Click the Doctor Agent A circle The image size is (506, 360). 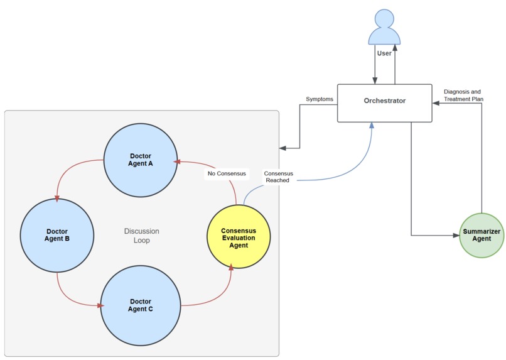[x=141, y=160]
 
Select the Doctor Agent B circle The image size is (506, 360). [x=57, y=235]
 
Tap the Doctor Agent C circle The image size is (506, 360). [x=141, y=305]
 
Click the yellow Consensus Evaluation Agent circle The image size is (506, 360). [x=239, y=237]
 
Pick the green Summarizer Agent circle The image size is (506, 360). [x=481, y=235]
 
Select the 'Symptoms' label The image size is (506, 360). [x=319, y=99]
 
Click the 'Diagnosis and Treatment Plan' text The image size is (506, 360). [x=463, y=95]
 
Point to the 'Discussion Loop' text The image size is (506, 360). [x=141, y=235]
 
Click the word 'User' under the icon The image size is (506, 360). [x=384, y=53]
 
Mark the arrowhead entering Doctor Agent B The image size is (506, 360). [x=57, y=199]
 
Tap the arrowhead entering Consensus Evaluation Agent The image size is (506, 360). [x=231, y=268]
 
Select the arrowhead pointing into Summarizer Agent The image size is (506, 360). [x=456, y=236]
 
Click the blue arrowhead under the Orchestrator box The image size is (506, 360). [x=372, y=126]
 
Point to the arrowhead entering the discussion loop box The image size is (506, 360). [x=283, y=148]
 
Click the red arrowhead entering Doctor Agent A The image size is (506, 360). [x=179, y=161]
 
